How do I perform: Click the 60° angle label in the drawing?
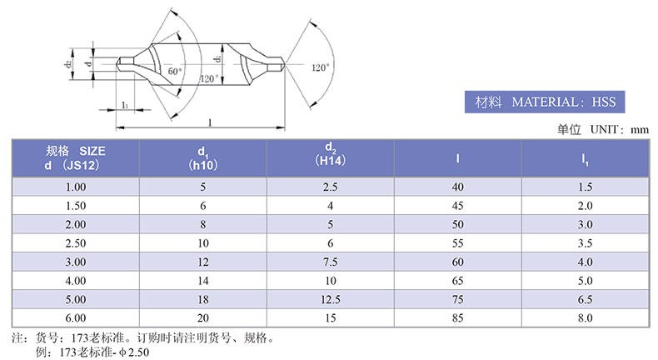pos(175,71)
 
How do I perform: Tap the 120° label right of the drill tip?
pos(321,67)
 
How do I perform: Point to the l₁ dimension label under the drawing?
pos(125,105)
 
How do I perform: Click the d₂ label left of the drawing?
pos(68,64)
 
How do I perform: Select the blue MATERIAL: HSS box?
pos(545,102)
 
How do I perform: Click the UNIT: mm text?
pos(620,129)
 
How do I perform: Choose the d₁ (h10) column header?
pos(203,158)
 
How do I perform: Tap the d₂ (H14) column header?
pos(331,154)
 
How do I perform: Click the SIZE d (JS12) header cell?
pos(76,158)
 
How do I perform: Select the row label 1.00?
pos(76,187)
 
